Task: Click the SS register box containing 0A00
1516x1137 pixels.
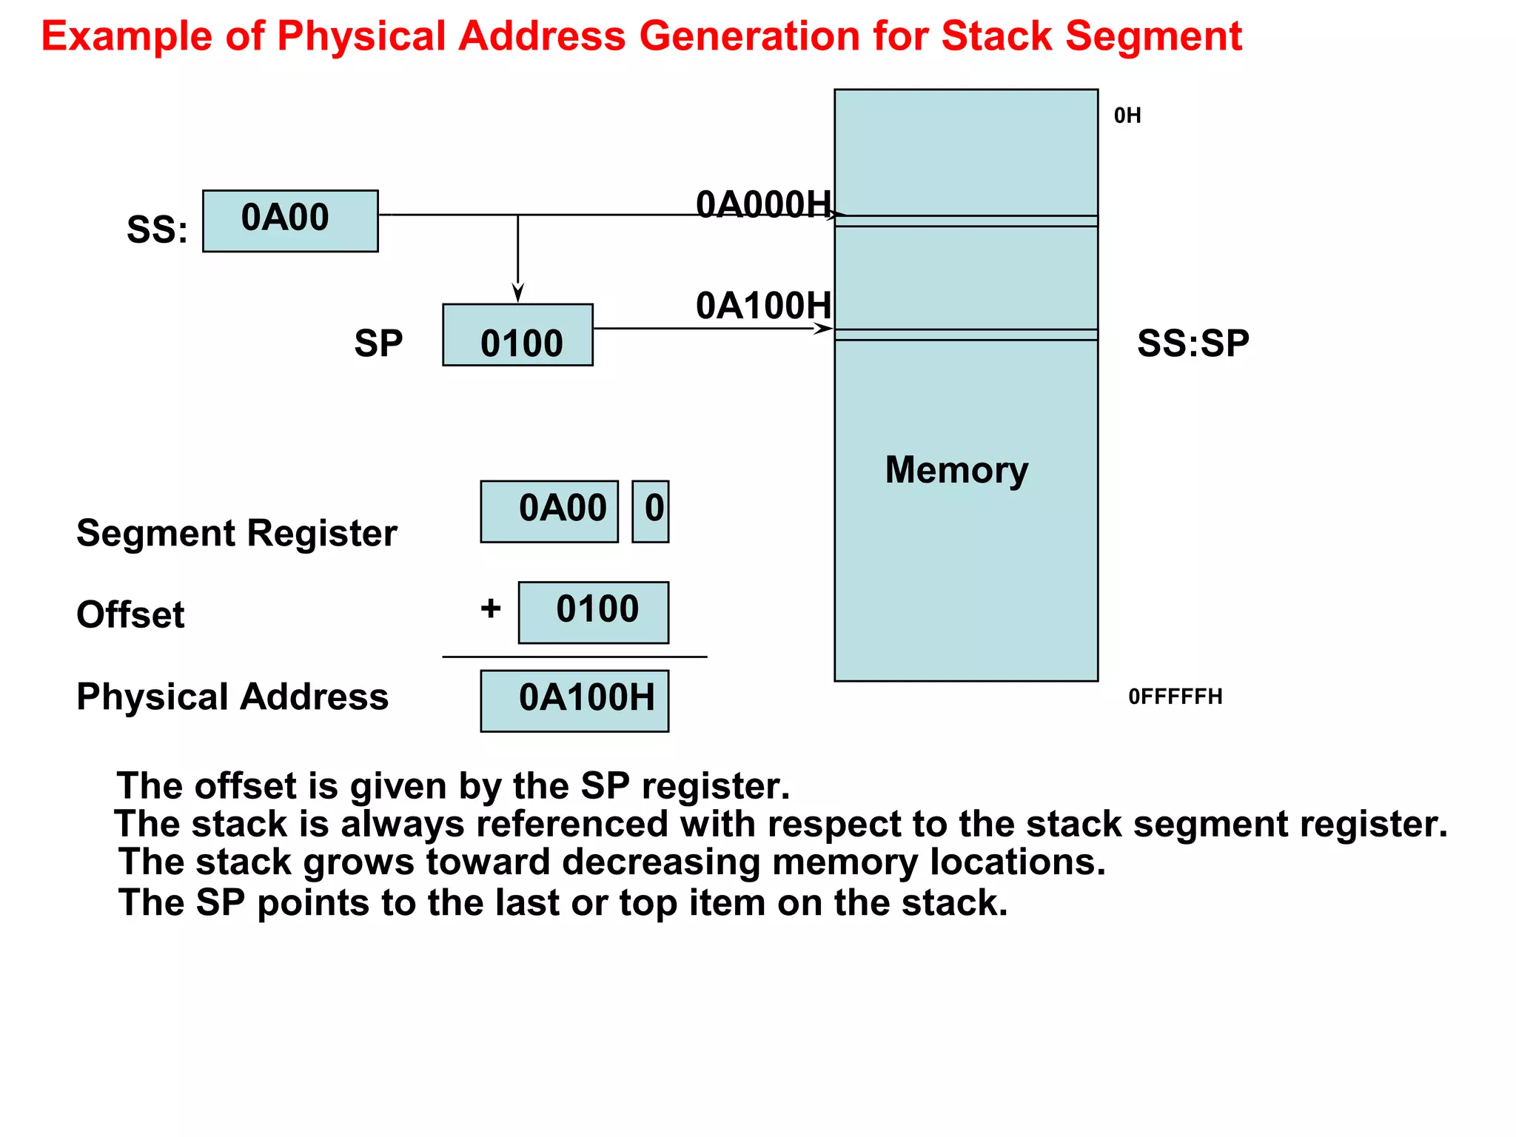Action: click(x=290, y=221)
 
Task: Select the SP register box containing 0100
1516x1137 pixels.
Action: click(x=517, y=335)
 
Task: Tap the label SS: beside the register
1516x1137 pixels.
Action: click(x=157, y=229)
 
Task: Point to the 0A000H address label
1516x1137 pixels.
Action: click(x=763, y=204)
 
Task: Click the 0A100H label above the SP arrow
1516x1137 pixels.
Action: click(x=763, y=306)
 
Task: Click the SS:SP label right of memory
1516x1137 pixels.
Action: click(x=1193, y=343)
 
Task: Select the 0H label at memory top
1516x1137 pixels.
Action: click(x=1127, y=115)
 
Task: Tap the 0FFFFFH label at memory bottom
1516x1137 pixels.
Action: click(x=1175, y=697)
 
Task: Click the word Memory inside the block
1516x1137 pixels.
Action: click(x=956, y=470)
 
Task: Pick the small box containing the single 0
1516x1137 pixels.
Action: click(x=651, y=512)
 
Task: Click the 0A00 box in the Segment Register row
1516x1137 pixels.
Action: click(x=549, y=512)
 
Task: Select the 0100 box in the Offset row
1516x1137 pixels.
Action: click(x=593, y=612)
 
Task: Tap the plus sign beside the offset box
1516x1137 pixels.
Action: click(x=490, y=608)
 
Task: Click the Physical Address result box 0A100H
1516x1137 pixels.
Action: click(x=574, y=700)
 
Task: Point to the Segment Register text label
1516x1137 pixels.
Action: click(x=236, y=533)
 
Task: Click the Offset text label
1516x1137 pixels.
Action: click(x=130, y=614)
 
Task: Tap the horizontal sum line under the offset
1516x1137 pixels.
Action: click(x=574, y=657)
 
